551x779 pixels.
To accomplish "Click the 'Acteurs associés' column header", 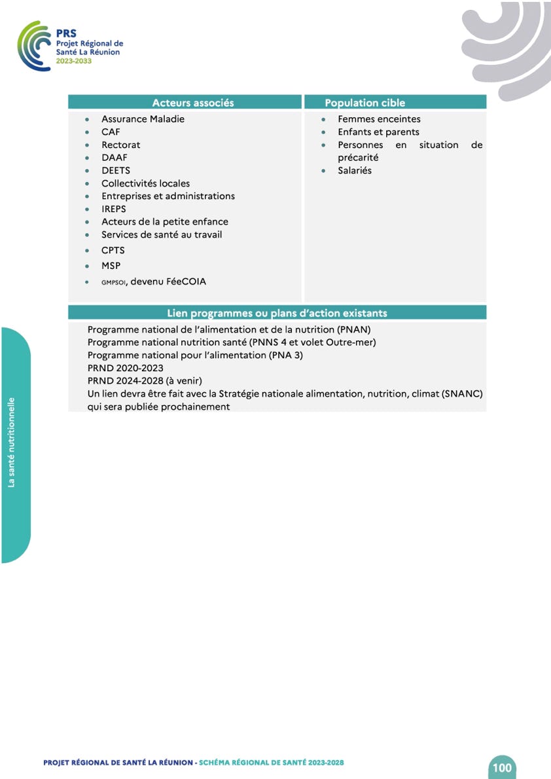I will pos(192,103).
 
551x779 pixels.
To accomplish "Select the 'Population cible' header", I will pos(364,103).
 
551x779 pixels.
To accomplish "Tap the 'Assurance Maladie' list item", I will pos(143,119).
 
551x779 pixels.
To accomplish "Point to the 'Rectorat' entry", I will pos(120,145).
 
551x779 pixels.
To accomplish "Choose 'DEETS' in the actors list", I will pos(116,170).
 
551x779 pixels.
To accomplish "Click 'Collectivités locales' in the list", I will pos(145,183).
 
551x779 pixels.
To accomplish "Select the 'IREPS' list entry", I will pos(114,209).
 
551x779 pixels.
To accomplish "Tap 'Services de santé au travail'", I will pos(162,234).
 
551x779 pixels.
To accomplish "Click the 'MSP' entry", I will pos(111,266).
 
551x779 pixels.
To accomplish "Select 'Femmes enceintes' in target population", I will pos(379,119).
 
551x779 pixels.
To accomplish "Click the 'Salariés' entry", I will pos(354,170).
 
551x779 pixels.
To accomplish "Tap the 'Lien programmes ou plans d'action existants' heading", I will pos(277,313).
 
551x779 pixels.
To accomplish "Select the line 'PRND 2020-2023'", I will pos(125,368).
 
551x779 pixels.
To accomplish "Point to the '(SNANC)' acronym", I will pos(461,394).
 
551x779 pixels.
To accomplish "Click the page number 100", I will pos(502,767).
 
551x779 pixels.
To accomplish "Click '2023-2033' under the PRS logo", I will pos(73,60).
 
